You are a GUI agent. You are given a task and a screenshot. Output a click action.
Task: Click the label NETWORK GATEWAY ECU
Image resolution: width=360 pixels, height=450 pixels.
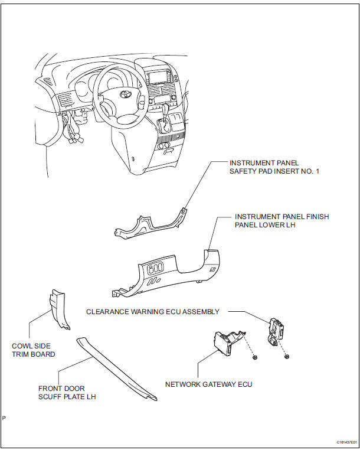coord(208,384)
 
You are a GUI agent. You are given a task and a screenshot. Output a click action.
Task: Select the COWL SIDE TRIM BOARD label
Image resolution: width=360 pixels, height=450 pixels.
coord(34,350)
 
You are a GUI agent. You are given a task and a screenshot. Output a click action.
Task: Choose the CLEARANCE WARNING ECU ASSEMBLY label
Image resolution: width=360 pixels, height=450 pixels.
coord(153,311)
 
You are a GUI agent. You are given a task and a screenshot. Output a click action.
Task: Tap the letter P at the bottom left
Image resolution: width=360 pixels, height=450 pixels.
coord(4,418)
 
